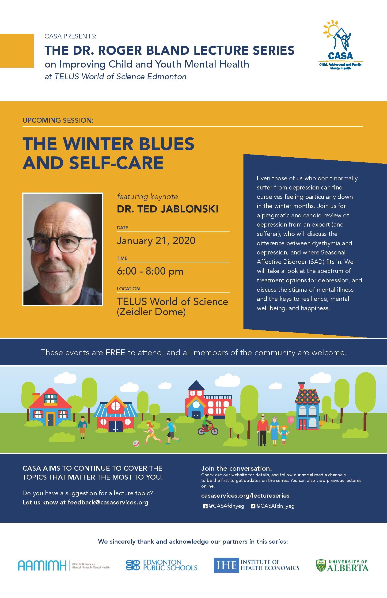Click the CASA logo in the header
[340, 45]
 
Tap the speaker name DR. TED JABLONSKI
[167, 209]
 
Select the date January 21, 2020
[156, 241]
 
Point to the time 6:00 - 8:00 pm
[150, 271]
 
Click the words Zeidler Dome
[151, 312]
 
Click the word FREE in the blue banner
[115, 352]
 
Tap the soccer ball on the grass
[136, 443]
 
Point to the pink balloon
[291, 419]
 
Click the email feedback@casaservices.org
[108, 502]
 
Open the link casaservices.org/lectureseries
[245, 496]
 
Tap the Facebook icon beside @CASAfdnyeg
[205, 506]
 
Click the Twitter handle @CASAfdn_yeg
[275, 506]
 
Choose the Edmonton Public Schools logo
[161, 565]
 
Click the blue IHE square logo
[226, 565]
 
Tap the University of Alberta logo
[342, 565]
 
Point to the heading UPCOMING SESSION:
[58, 120]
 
